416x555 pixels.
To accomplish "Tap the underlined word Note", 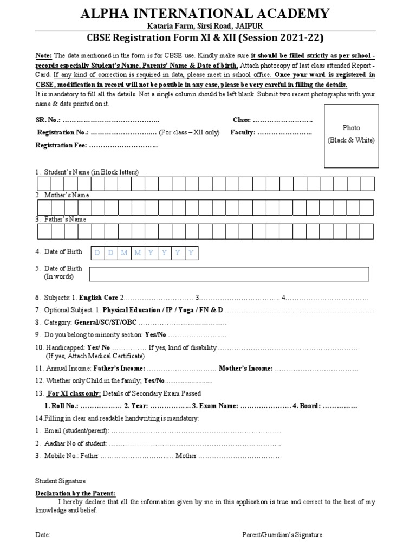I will tap(43, 55).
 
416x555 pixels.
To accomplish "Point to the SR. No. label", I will tap(48, 119).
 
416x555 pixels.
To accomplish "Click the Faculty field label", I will tap(243, 132).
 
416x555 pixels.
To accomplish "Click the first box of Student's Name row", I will tap(44, 184).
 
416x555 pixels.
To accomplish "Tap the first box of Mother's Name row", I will tap(44, 208).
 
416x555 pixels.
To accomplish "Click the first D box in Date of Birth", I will tap(97, 253).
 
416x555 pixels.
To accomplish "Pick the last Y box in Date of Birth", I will tap(191, 253).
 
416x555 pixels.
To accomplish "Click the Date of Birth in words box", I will tap(229, 274).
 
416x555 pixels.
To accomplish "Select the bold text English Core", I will tap(99, 298).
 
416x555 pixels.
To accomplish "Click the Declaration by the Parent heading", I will tap(75, 493).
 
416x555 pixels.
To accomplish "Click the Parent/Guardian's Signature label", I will tap(282, 535).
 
